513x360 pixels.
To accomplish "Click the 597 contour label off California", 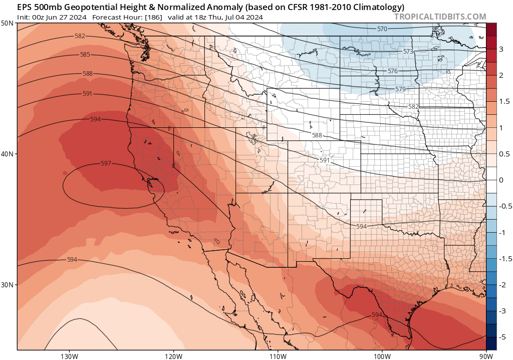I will tap(106, 163).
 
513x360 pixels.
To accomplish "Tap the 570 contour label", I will tap(382, 29).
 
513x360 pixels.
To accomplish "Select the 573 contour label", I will tap(408, 52).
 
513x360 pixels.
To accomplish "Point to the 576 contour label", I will tap(392, 71).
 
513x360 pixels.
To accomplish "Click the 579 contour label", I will tap(400, 89).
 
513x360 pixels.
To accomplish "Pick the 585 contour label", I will tap(85, 55).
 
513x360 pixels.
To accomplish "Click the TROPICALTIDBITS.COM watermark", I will tap(440, 17).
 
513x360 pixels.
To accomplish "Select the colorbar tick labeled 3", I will tap(500, 49).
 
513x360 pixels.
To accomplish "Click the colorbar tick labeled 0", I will tap(500, 179).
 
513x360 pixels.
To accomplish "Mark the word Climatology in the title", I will tap(379, 7).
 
